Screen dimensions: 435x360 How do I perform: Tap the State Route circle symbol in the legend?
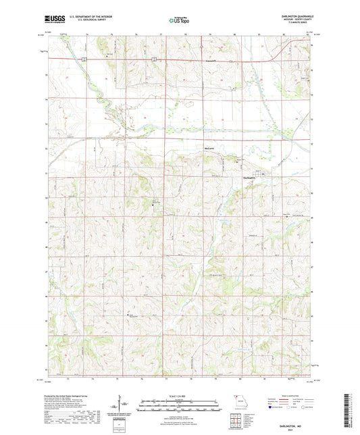[x=316, y=408]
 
